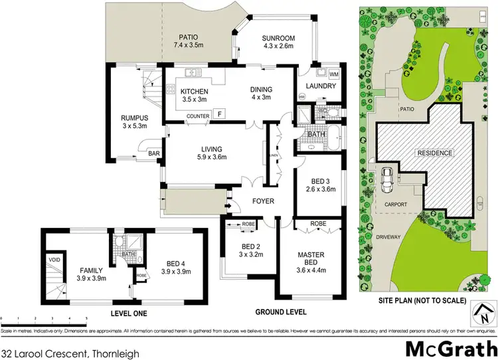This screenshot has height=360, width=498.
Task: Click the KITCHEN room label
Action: coord(194,92)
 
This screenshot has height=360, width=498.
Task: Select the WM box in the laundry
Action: coord(333,74)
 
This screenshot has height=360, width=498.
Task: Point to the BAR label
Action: coord(154,153)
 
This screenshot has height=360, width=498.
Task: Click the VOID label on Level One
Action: coord(53,259)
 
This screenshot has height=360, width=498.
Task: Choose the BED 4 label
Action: coord(177,262)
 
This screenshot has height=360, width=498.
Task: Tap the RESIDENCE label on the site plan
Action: coord(434,153)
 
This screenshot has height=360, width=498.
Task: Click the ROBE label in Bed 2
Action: coord(249,224)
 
